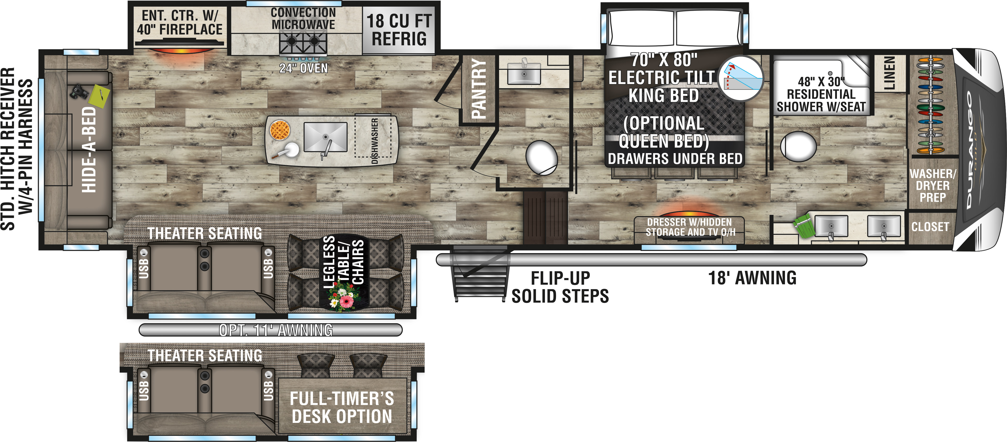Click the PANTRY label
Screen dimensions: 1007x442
[478, 89]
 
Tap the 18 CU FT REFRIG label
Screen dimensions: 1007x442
[399, 30]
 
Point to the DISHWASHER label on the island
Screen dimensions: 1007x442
[374, 141]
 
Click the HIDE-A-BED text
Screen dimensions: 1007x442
[89, 150]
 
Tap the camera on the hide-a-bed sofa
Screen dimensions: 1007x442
[79, 92]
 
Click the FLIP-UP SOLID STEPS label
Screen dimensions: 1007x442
[560, 287]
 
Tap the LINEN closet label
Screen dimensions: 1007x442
[889, 73]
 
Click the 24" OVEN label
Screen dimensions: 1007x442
[303, 68]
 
